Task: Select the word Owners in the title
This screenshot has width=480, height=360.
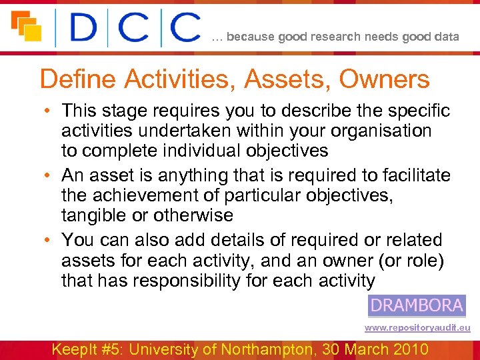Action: pyautogui.click(x=385, y=79)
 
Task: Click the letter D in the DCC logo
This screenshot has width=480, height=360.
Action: pyautogui.click(x=85, y=28)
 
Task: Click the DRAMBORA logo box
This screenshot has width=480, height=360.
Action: pyautogui.click(x=417, y=306)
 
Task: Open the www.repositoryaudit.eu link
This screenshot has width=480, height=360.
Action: pyautogui.click(x=417, y=328)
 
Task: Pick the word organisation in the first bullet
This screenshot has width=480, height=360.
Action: pyautogui.click(x=377, y=131)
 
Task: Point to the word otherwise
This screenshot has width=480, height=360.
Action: pyautogui.click(x=193, y=216)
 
